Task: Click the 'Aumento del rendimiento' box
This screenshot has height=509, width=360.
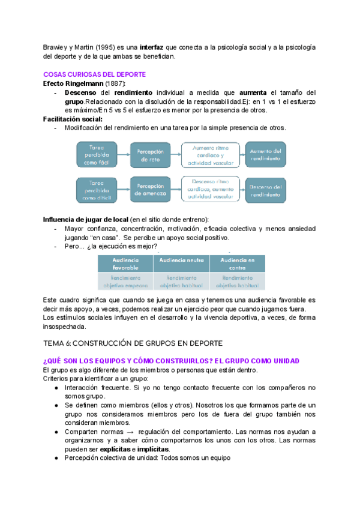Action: tap(266, 155)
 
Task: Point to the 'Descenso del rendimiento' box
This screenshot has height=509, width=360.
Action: tap(266, 189)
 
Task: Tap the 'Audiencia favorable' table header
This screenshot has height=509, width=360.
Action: tap(125, 264)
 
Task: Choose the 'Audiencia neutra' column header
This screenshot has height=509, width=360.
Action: tap(181, 260)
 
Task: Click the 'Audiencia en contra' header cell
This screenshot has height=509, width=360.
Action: tap(238, 264)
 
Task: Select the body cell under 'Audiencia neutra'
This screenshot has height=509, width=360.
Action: tap(181, 282)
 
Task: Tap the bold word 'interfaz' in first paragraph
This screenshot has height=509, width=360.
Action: tap(151, 47)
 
